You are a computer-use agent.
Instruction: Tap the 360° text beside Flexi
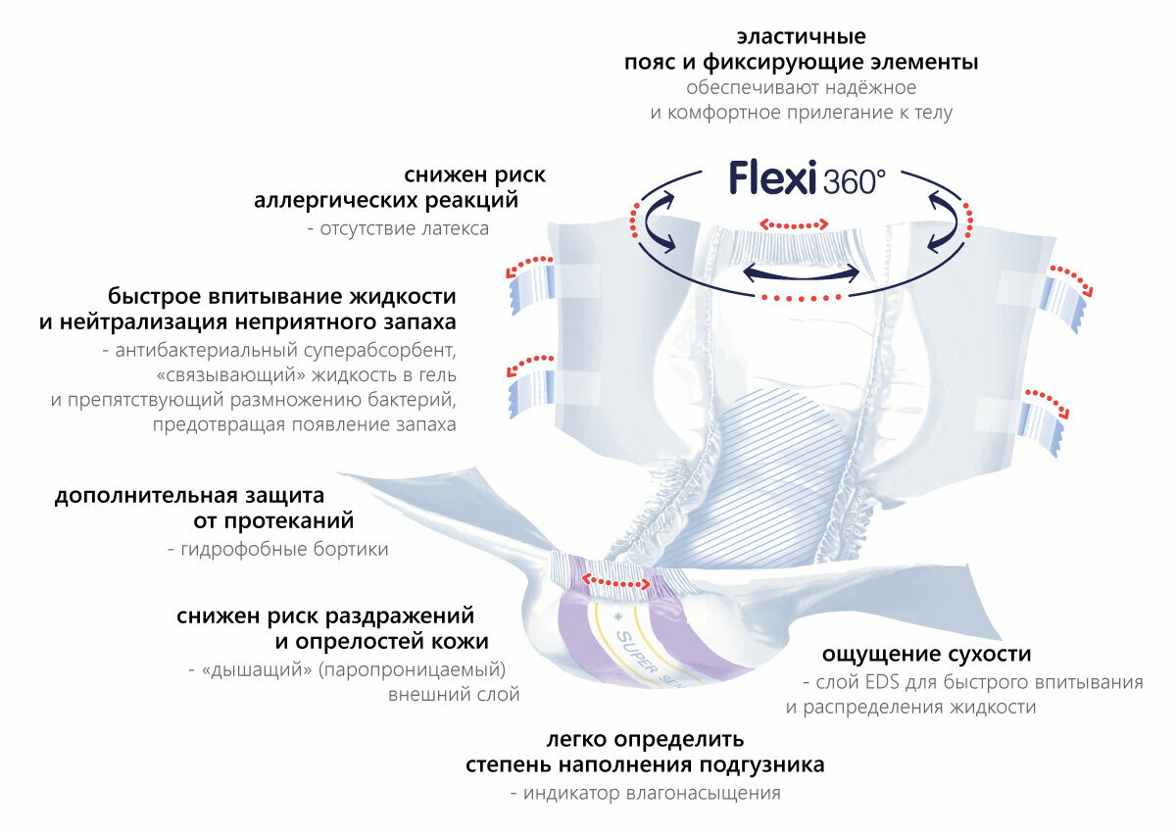point(854,182)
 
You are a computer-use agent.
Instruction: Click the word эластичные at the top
point(802,37)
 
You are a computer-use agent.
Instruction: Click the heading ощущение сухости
point(926,654)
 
